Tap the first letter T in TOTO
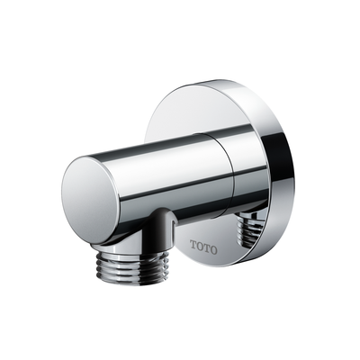click(x=194, y=244)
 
